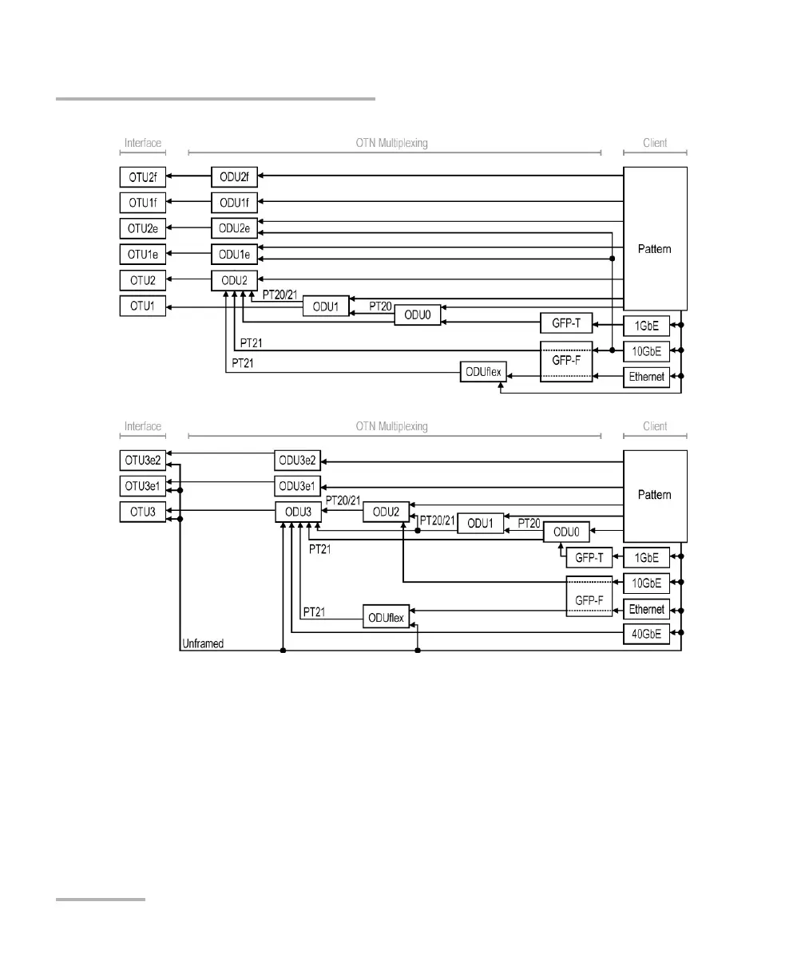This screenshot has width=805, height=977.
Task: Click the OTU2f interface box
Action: tap(143, 176)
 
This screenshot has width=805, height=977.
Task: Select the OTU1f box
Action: tap(143, 202)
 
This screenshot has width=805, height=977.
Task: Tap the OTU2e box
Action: tap(143, 228)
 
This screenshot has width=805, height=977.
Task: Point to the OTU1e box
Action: tap(143, 255)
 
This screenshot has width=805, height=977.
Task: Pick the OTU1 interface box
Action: tap(143, 306)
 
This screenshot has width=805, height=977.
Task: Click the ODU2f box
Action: tap(235, 176)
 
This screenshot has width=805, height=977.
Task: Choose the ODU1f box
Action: tap(235, 202)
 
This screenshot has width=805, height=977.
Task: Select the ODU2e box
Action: tap(235, 228)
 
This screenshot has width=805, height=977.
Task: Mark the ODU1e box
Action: tap(235, 255)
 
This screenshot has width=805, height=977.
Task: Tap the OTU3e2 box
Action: tap(143, 461)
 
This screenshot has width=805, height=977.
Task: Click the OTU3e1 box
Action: tap(143, 485)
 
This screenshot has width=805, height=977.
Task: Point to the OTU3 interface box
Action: tap(143, 512)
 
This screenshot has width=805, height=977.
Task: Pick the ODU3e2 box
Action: tap(298, 461)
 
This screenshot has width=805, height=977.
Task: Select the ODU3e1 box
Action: tap(298, 485)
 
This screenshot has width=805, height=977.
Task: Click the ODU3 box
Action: tap(298, 512)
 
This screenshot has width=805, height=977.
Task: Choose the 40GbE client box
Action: tap(646, 635)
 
